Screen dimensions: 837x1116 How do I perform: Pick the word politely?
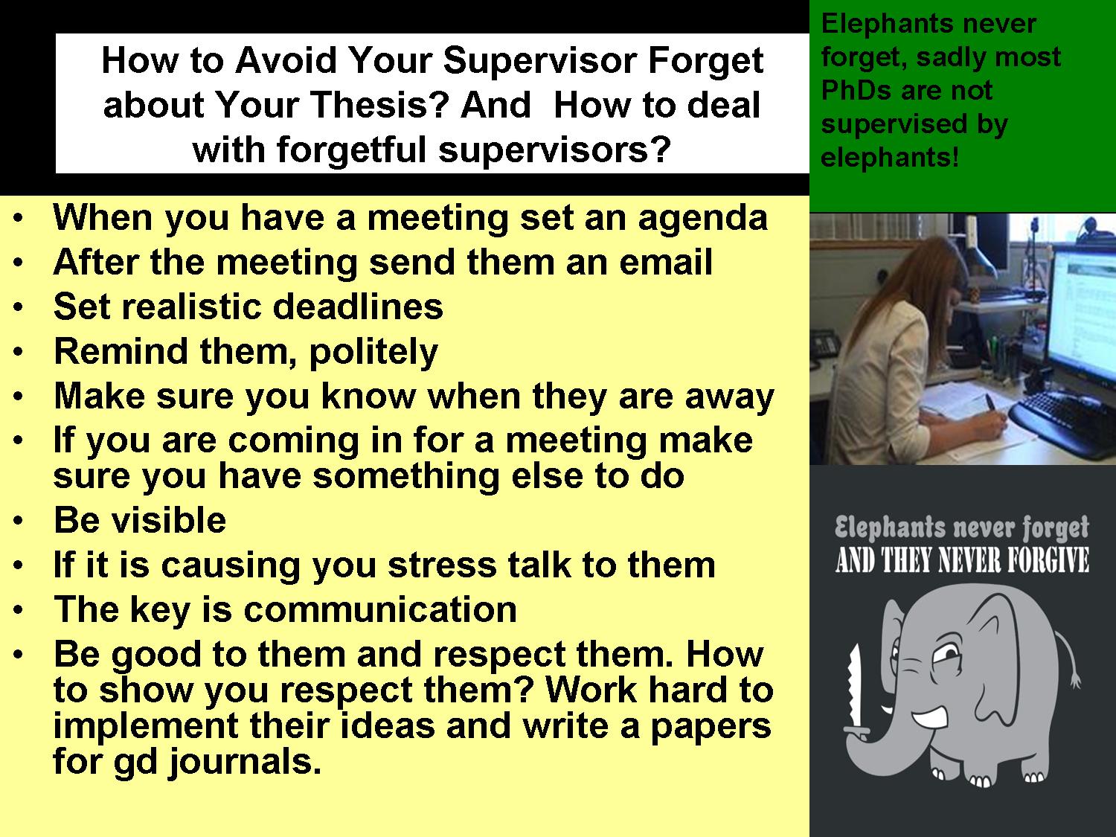tap(373, 352)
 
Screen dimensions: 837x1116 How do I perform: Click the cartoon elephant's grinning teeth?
tap(934, 719)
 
